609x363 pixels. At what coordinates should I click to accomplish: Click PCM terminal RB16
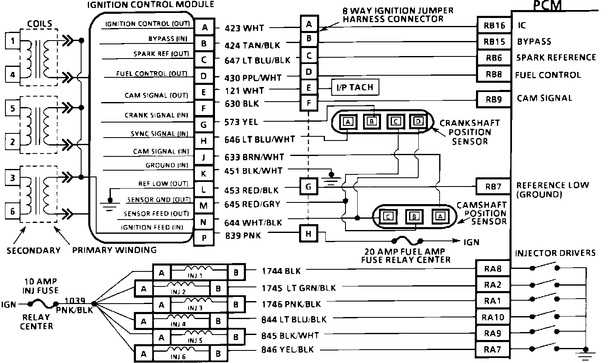coord(494,26)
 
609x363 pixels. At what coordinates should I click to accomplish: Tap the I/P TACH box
coord(355,88)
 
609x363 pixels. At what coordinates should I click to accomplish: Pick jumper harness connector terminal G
coord(309,187)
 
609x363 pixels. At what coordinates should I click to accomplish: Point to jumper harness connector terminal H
coord(309,234)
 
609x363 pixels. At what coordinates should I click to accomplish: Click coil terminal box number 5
coord(13,109)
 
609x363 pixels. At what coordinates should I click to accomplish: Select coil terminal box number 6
coord(13,211)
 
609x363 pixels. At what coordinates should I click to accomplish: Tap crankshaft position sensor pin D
coord(417,122)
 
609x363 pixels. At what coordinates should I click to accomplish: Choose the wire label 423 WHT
coord(244,28)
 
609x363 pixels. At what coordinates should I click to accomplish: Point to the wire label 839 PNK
coord(243,235)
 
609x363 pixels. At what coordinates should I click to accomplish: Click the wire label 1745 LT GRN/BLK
coord(299,288)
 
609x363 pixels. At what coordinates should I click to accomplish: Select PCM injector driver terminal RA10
coord(494,317)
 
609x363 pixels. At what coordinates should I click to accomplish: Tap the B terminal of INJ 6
coord(218,354)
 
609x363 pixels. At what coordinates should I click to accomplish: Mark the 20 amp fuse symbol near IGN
coord(407,241)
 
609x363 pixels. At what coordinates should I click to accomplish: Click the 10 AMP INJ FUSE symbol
coord(43,304)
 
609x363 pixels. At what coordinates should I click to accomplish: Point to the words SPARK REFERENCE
coord(556,57)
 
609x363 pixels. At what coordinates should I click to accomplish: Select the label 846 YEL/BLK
coord(287,350)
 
